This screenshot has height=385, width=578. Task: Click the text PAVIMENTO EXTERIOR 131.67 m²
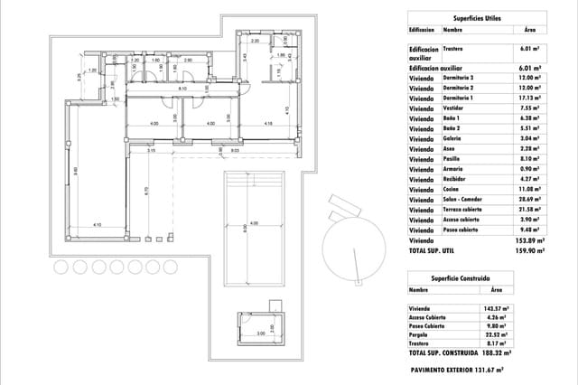(457, 370)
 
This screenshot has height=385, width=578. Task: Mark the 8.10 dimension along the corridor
(182, 89)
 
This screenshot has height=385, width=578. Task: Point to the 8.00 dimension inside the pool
(245, 231)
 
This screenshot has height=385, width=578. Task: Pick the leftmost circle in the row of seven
(59, 267)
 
